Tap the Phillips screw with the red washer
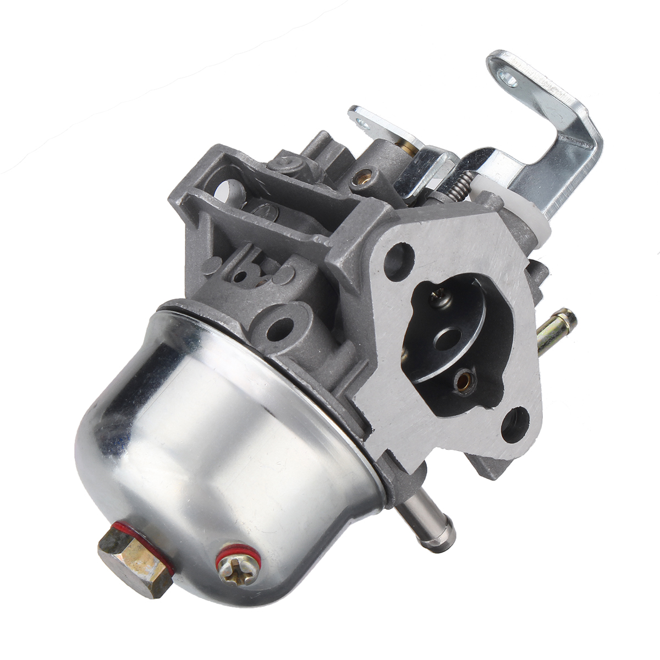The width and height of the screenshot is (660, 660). tap(238, 566)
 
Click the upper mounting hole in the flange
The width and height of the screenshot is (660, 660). tap(400, 255)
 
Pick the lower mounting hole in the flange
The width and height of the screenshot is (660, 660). tap(515, 423)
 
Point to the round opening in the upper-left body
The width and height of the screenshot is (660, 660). tap(226, 190)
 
